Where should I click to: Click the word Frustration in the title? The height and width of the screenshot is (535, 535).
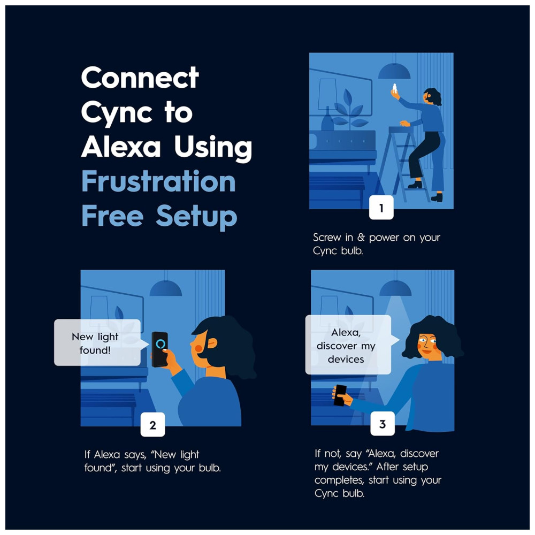point(159,181)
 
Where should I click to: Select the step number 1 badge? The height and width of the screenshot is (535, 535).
point(381,208)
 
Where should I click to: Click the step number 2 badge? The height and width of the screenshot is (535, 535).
point(152,425)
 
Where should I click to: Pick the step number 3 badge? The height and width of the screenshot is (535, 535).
point(383,424)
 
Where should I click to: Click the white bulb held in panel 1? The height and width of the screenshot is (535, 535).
point(395,88)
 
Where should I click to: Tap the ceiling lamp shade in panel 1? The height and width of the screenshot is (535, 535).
point(394,71)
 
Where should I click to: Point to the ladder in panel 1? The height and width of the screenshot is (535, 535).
point(403,164)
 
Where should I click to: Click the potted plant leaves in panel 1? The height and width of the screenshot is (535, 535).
point(349,109)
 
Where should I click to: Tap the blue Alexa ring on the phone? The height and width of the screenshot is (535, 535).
point(160,343)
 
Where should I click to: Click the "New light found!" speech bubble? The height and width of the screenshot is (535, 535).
point(98,342)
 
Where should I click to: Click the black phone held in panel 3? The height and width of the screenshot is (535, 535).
point(340,395)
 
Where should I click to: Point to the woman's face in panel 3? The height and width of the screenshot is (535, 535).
point(427,345)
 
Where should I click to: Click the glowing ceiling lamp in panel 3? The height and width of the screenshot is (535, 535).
point(395,288)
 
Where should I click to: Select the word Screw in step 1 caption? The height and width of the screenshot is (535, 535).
point(327,237)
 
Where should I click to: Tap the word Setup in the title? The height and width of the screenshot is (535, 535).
point(196,216)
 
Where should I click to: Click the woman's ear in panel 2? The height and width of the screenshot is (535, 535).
point(211,343)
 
